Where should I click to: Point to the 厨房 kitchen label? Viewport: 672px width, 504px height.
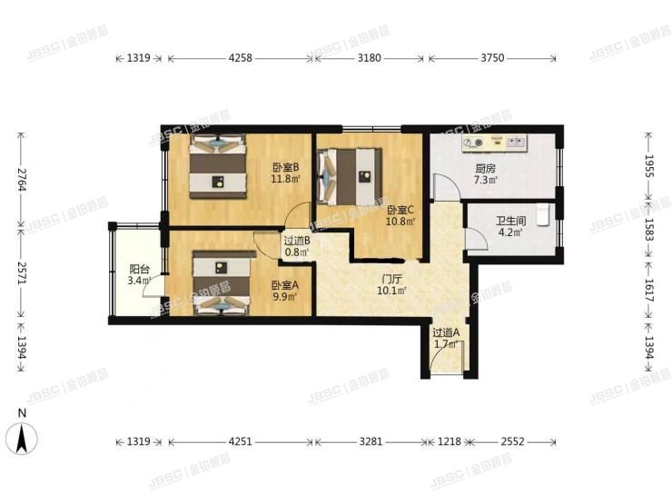tap(485, 168)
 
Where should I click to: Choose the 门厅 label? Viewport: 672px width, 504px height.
tap(392, 280)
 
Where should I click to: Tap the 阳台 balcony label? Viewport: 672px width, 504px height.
tap(139, 269)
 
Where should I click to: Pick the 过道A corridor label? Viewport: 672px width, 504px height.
tap(445, 332)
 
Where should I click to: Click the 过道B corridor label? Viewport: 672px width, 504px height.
tap(297, 241)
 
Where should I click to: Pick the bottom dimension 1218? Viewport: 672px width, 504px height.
tap(451, 442)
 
